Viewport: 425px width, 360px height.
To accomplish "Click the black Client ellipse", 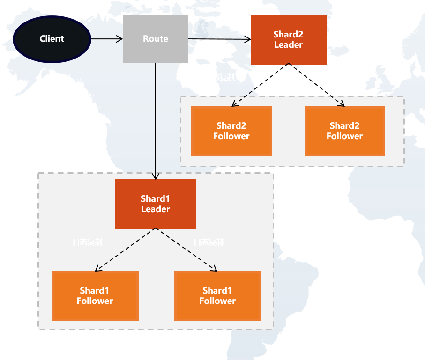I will pyautogui.click(x=52, y=39).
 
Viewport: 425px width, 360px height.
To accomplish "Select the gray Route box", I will pyautogui.click(x=155, y=39).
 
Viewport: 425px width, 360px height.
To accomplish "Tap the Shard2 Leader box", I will pyautogui.click(x=288, y=39).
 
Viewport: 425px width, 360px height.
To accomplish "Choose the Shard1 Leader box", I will pyautogui.click(x=156, y=204).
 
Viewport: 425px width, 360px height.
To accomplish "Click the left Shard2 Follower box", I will pyautogui.click(x=231, y=131).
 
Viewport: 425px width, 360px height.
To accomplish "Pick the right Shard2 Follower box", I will pyautogui.click(x=344, y=131).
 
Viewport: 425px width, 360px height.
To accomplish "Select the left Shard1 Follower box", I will pyautogui.click(x=95, y=295).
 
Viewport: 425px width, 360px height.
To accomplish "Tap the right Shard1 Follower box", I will pyautogui.click(x=217, y=295).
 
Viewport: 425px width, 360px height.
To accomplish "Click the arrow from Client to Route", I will pyautogui.click(x=106, y=39).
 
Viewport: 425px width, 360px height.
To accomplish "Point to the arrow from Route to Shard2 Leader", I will pyautogui.click(x=219, y=39).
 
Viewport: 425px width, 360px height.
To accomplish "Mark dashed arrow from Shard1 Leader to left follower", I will pyautogui.click(x=125, y=250).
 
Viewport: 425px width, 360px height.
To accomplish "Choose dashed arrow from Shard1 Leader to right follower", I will pyautogui.click(x=186, y=250).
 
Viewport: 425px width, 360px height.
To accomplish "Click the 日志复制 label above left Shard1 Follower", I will pyautogui.click(x=87, y=242).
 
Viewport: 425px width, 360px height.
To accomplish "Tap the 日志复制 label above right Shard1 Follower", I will pyautogui.click(x=209, y=242).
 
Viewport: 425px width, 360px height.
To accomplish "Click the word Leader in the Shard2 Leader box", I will pyautogui.click(x=288, y=45).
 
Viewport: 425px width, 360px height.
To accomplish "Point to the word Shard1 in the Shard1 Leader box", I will pyautogui.click(x=156, y=199).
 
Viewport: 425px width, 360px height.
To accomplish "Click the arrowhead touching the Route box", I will pyautogui.click(x=120, y=39).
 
